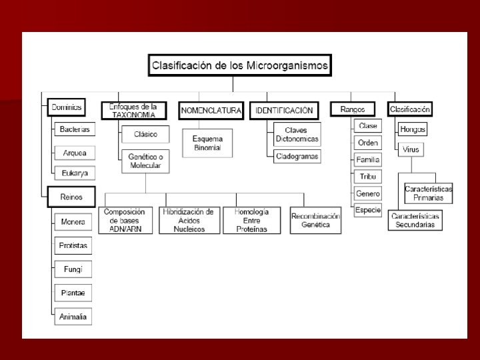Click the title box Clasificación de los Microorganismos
tap(239, 65)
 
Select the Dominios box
tap(65, 107)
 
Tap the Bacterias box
tap(74, 129)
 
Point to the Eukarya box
tap(75, 173)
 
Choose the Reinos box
tap(72, 197)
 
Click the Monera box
tap(73, 221)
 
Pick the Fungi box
tap(73, 269)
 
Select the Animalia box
tap(73, 317)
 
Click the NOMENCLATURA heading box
tap(210, 110)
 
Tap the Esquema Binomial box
tap(207, 143)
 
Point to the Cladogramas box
tap(297, 157)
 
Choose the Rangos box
tap(353, 109)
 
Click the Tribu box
tap(368, 177)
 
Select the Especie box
tap(368, 210)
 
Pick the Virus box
tap(411, 149)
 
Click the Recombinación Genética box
tap(315, 221)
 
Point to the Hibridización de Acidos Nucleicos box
tap(187, 220)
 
